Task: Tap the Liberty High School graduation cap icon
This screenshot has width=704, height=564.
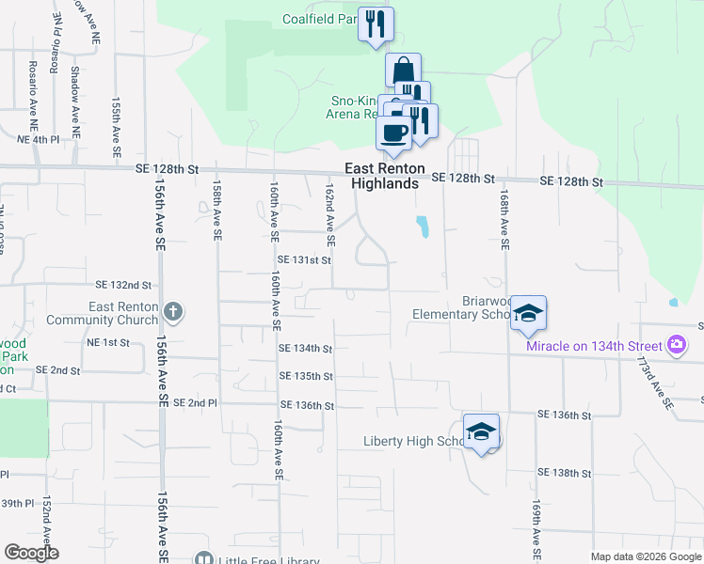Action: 482,431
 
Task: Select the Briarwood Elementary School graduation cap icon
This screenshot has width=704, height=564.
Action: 528,314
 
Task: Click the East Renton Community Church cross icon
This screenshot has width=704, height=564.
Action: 172,311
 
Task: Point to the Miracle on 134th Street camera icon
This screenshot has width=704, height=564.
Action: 677,345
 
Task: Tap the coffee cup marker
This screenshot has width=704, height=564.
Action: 393,132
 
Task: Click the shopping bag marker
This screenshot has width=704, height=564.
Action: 403,70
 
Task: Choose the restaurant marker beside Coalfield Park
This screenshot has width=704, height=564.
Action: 376,23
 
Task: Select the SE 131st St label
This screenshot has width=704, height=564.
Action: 305,259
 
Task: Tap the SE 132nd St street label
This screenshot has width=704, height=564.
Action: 123,284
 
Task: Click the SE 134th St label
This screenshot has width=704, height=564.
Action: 307,349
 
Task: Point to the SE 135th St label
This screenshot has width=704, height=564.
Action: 307,376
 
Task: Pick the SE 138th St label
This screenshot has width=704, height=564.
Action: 564,473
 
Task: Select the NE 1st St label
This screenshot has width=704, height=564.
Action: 107,342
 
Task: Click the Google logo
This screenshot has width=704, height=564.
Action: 31,553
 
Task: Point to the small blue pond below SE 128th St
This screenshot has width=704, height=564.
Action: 423,226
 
